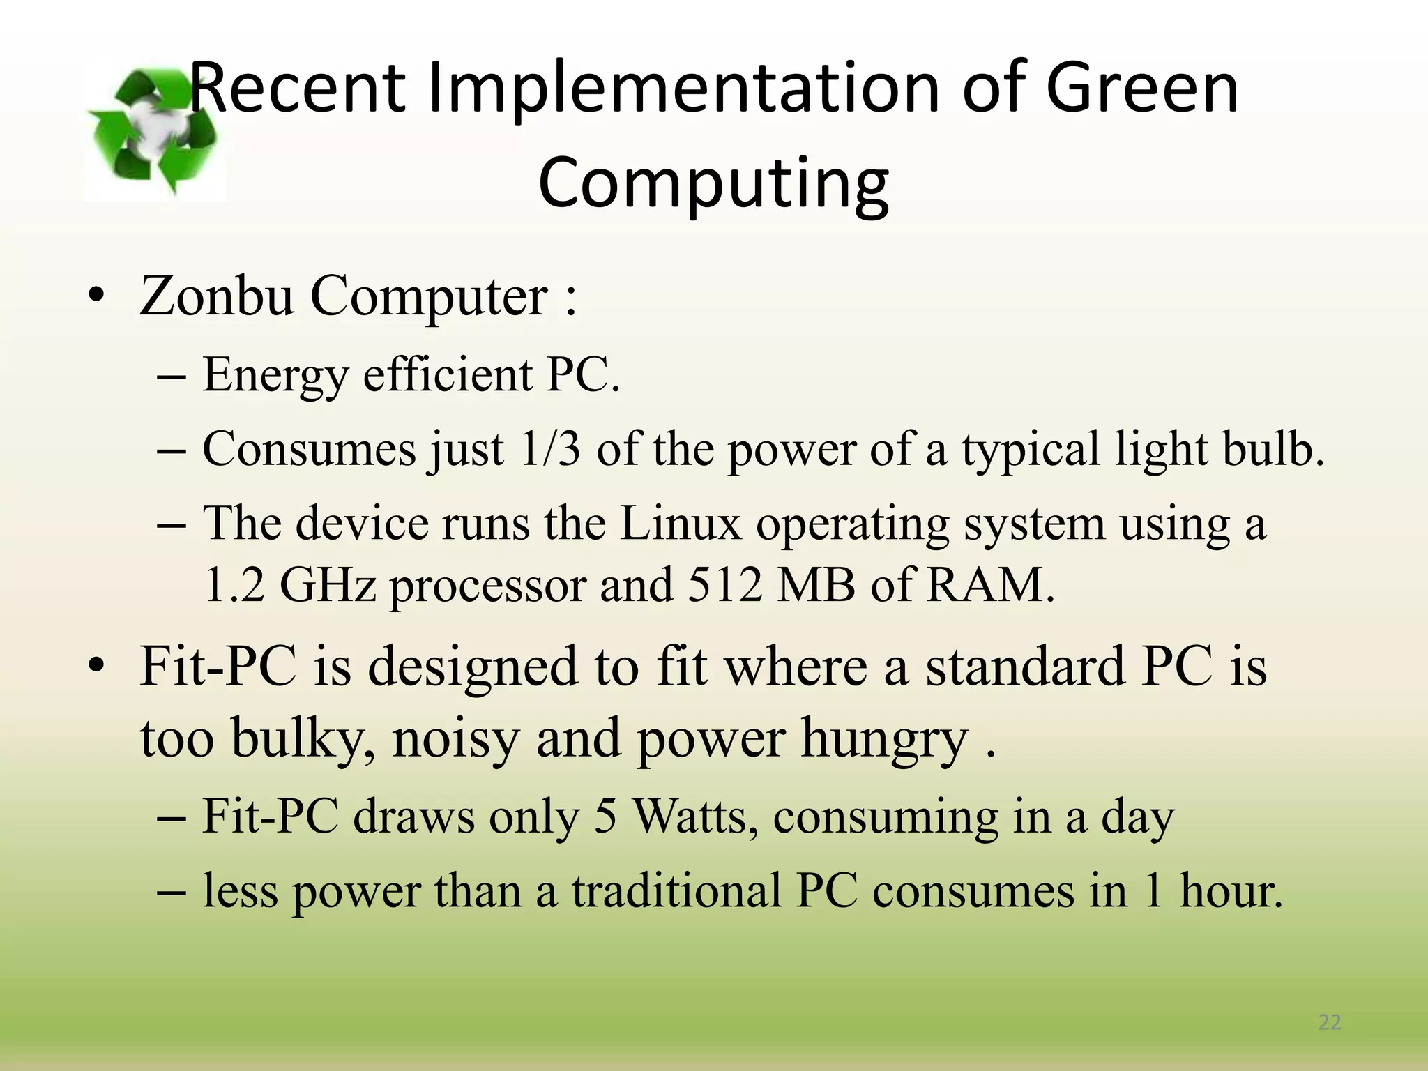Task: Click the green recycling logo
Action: click(155, 130)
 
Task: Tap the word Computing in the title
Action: click(713, 183)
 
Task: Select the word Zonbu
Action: click(217, 296)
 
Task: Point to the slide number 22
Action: click(1330, 1022)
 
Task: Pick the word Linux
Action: click(681, 523)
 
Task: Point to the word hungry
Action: click(885, 739)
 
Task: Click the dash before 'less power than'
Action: click(172, 892)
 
